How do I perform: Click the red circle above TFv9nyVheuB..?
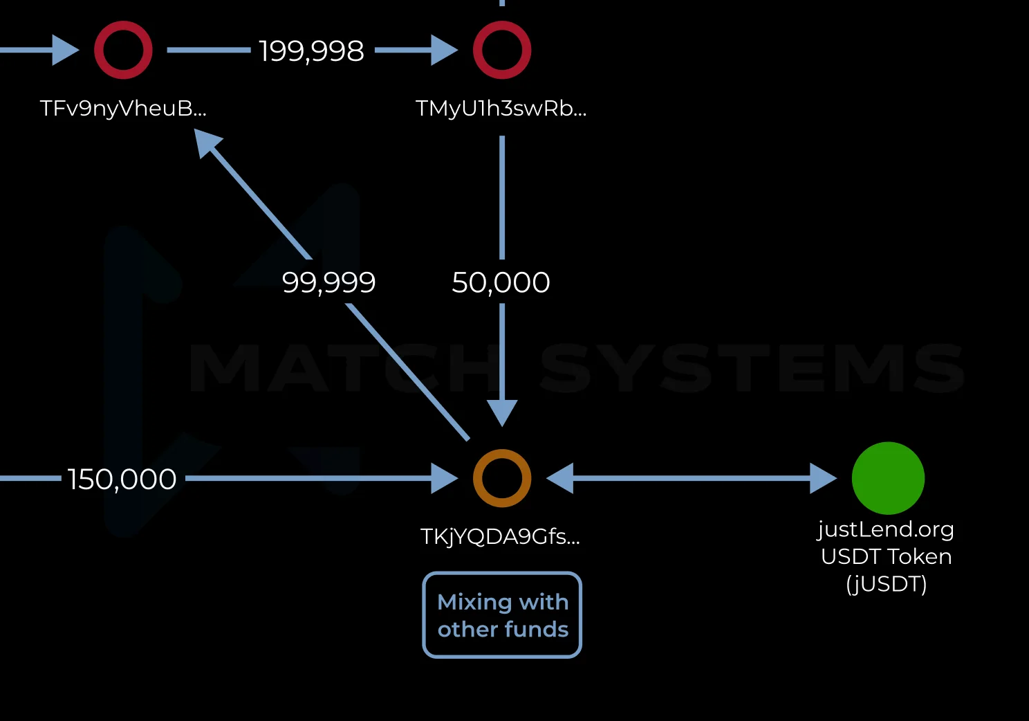click(123, 50)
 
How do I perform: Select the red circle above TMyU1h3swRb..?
click(502, 50)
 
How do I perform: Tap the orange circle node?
click(502, 478)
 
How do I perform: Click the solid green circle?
click(888, 478)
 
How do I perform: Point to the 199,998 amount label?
click(311, 51)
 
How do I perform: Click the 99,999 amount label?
click(328, 282)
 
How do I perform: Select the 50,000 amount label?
click(501, 282)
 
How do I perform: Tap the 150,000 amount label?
click(122, 479)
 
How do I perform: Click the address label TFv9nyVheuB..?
click(123, 109)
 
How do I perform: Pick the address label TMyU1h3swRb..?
click(501, 109)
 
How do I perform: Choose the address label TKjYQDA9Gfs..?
click(500, 537)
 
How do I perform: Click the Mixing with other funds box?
click(502, 614)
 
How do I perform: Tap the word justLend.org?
click(886, 529)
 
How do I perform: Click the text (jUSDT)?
click(886, 584)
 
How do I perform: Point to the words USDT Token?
click(886, 556)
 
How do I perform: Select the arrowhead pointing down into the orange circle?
click(502, 413)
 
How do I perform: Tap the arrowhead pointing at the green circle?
click(824, 478)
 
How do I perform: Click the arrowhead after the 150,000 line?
click(445, 478)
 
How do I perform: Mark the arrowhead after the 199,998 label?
click(445, 51)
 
